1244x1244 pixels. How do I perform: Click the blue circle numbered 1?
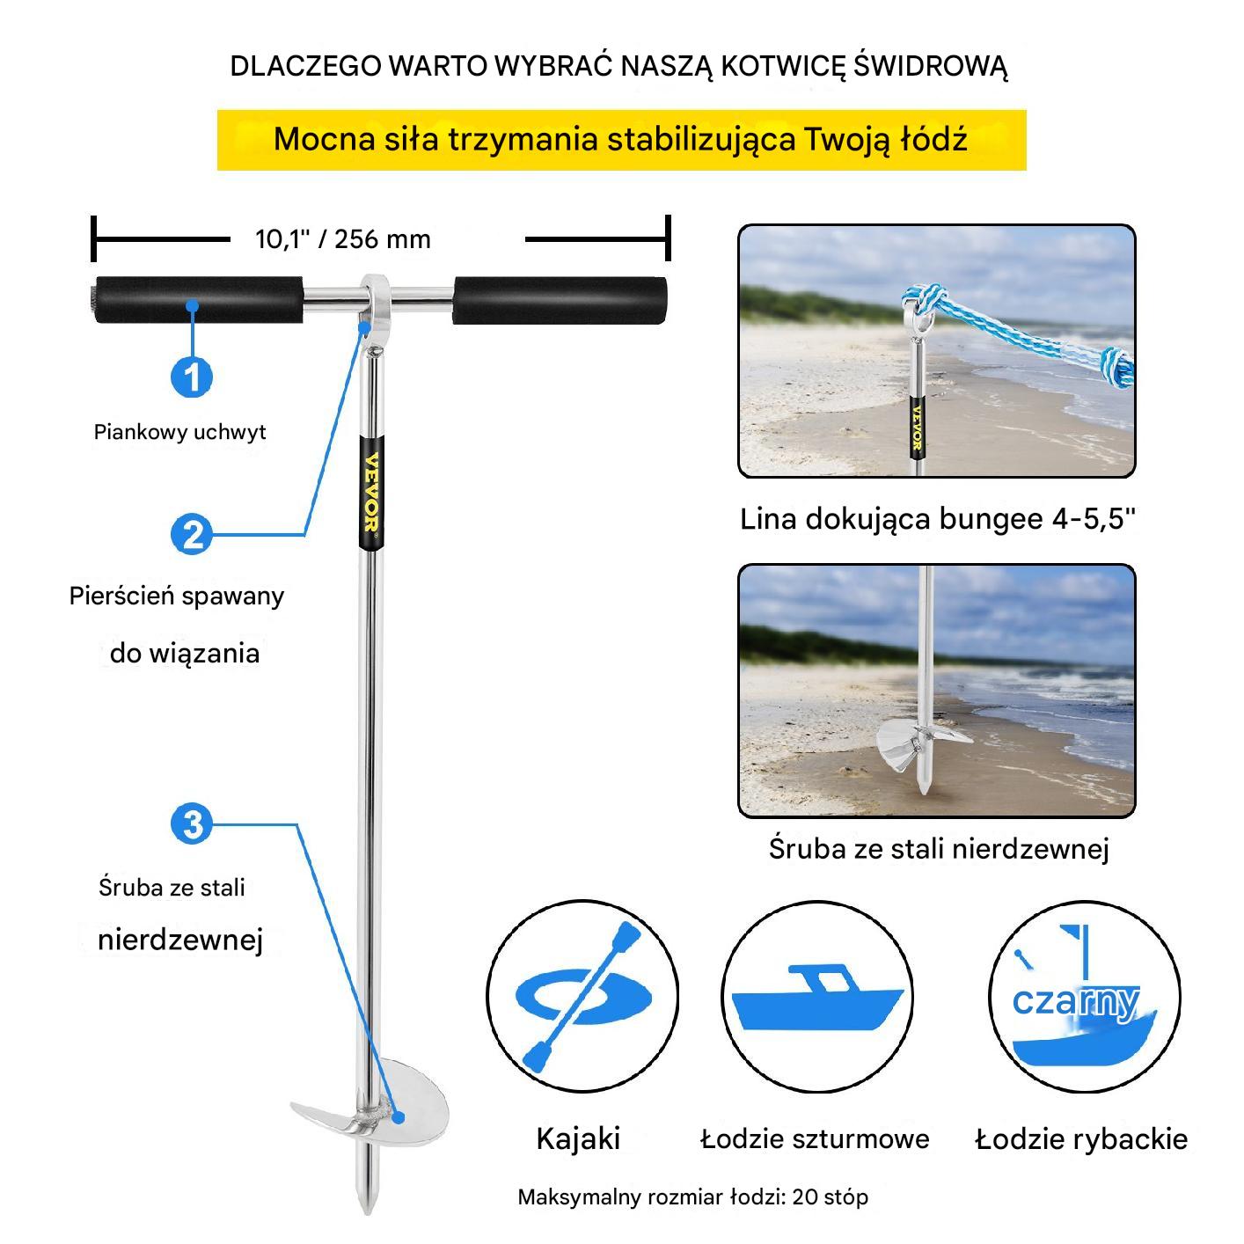point(192,377)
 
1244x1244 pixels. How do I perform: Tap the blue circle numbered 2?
point(192,535)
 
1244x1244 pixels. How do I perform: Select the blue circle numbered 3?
point(192,824)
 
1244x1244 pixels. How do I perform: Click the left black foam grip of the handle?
point(198,300)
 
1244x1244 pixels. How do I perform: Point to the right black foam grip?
point(559,301)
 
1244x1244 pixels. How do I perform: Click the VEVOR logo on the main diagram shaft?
point(371,494)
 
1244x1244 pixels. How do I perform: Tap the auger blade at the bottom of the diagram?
point(370,1105)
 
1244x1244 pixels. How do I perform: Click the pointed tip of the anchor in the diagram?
point(368,1212)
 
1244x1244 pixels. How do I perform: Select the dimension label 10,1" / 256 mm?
point(343,239)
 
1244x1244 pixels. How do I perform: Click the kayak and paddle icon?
point(582,998)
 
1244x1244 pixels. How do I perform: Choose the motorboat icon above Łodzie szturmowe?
point(816,997)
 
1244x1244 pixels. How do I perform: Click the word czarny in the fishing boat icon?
point(1075,1003)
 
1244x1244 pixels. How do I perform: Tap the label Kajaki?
point(578,1138)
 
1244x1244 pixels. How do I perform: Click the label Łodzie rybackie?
point(1081,1138)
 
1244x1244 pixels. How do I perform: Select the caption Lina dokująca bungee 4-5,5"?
point(937,519)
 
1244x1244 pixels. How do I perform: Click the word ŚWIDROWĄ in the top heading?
point(930,67)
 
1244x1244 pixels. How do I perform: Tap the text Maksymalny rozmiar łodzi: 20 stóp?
point(692,1197)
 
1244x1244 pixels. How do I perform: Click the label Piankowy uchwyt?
point(179,432)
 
